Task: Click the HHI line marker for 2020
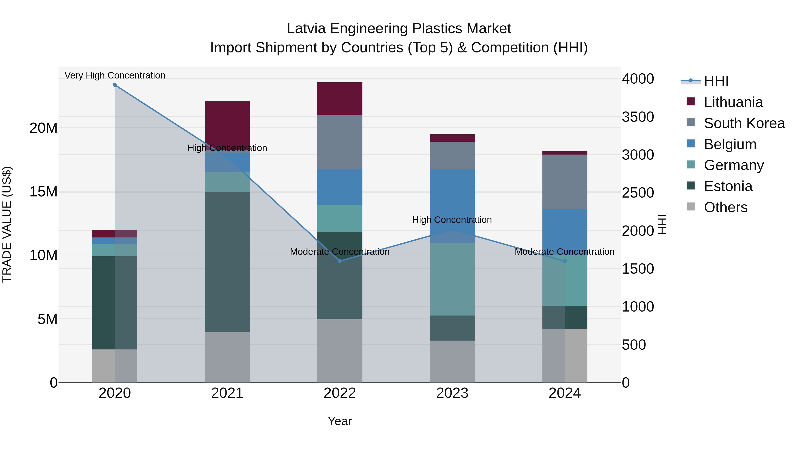tap(115, 85)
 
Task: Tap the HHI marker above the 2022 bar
tap(340, 261)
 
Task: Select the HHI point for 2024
tap(565, 261)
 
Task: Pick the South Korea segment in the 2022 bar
tap(340, 142)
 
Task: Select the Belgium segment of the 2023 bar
tap(452, 206)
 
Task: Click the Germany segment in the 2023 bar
tap(452, 279)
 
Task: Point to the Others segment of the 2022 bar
tap(340, 351)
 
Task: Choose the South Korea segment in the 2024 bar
tap(565, 182)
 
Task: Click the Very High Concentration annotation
tap(115, 76)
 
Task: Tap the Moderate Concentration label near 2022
tap(340, 252)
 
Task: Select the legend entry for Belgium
tap(730, 144)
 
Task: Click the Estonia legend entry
tap(728, 186)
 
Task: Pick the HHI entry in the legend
tap(716, 81)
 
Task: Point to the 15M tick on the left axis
tap(43, 192)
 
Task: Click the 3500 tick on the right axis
tap(638, 117)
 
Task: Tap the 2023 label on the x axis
tap(452, 393)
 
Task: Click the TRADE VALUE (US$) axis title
tap(7, 224)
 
